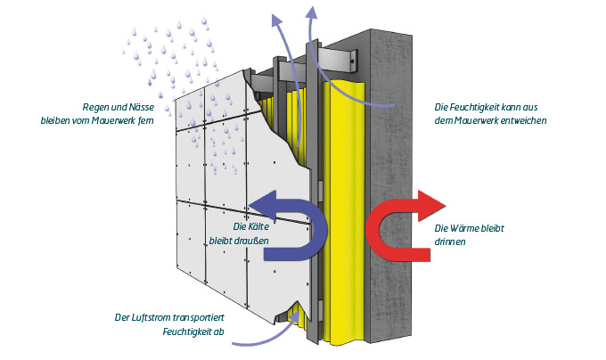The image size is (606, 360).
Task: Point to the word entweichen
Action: pyautogui.click(x=523, y=120)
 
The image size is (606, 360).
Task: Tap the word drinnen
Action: pyautogui.click(x=452, y=241)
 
